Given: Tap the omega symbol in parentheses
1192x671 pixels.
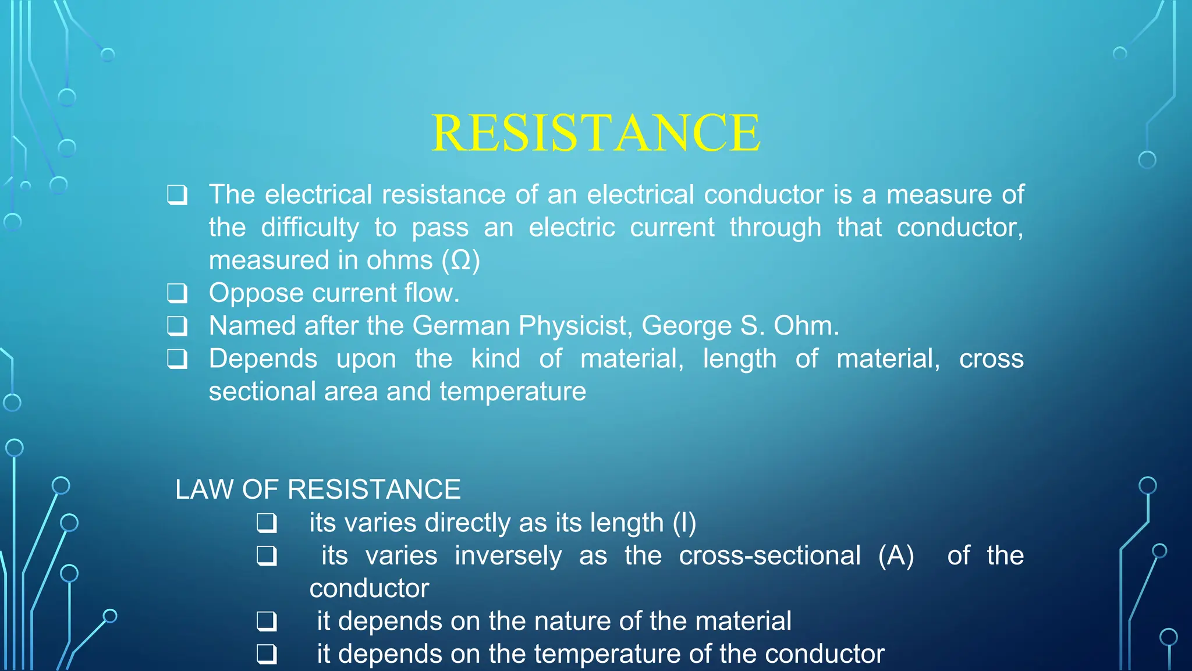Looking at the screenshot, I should point(461,260).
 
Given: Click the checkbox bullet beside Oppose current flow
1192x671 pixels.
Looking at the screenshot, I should point(178,293).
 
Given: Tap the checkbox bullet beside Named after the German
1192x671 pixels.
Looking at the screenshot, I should point(178,326).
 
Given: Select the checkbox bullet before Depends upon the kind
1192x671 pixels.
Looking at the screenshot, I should point(178,359).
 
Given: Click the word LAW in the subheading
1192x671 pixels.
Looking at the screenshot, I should point(204,489).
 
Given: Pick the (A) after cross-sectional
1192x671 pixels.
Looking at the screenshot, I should point(896,556).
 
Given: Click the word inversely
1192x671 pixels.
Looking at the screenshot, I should point(508,556).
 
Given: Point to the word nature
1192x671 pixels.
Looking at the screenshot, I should point(579,621).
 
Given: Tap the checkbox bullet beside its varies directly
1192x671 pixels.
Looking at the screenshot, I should point(267,523).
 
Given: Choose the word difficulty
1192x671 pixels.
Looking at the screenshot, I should point(310,228).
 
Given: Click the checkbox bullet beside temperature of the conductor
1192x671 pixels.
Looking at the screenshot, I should point(267,654).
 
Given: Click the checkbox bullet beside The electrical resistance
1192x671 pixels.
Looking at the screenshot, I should point(178,195).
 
